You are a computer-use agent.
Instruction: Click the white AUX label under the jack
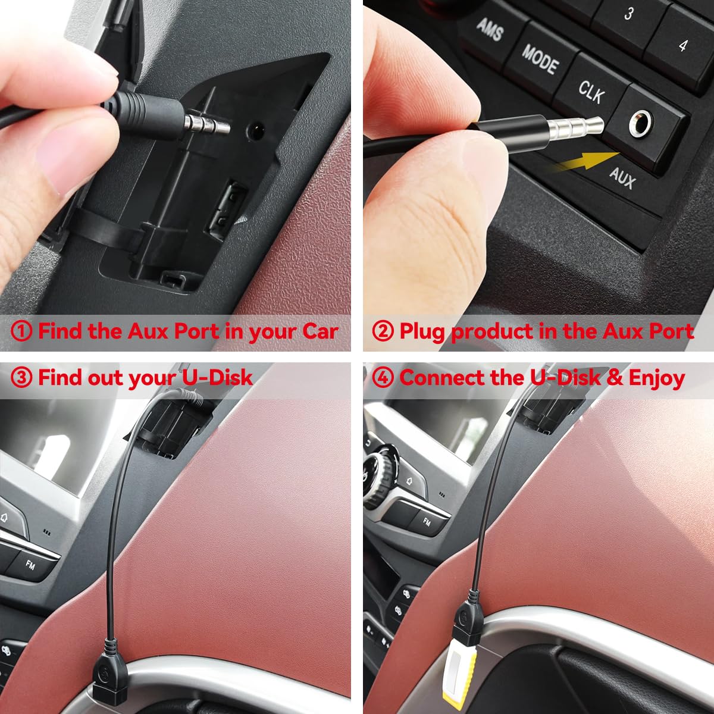click(622, 177)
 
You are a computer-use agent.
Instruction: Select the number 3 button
click(628, 15)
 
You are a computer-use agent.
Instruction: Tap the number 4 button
click(683, 45)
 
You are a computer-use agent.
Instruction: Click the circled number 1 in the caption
click(21, 331)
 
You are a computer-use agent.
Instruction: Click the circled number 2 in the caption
click(383, 331)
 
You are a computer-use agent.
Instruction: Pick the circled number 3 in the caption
click(21, 378)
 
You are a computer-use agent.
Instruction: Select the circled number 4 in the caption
click(383, 378)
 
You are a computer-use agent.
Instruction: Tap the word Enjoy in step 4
click(656, 377)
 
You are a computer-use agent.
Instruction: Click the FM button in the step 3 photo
click(30, 564)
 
